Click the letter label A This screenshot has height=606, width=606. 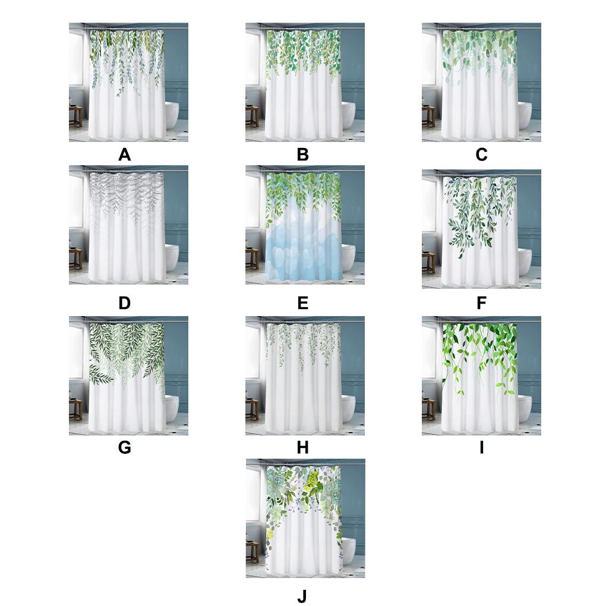coord(124,155)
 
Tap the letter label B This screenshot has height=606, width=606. coord(302,155)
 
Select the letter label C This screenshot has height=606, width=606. coord(481,155)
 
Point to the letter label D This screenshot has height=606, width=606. coord(124,303)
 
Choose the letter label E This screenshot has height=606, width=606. coord(302,303)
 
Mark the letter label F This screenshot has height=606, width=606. coord(481,303)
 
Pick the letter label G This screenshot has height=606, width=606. coord(124,447)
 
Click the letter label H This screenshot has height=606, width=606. coord(302,447)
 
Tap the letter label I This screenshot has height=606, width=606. coord(482,447)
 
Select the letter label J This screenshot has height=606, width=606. coord(302,596)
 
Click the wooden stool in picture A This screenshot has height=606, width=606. coord(75,116)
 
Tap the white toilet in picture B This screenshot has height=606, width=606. coord(348,115)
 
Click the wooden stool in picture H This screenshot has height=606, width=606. coord(252,410)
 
